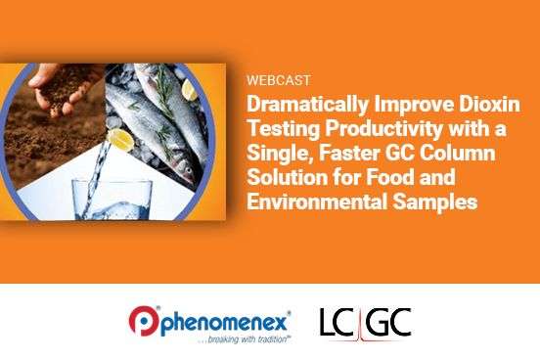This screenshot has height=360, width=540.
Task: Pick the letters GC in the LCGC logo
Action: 389,320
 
